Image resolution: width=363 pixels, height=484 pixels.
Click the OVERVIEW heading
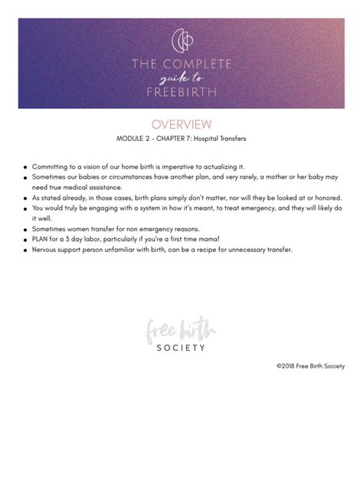(x=181, y=124)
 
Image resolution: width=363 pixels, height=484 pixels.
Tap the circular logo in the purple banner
(x=181, y=39)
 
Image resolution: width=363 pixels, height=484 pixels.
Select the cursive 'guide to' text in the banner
(x=181, y=78)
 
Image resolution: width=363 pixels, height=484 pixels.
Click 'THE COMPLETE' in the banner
(x=181, y=64)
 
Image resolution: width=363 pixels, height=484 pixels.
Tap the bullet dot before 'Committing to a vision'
(x=25, y=167)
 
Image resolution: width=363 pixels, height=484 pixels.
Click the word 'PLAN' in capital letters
(x=41, y=239)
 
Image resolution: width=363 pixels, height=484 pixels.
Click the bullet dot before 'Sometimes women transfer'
(x=25, y=229)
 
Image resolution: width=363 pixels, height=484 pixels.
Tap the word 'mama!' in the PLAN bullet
(x=205, y=239)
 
